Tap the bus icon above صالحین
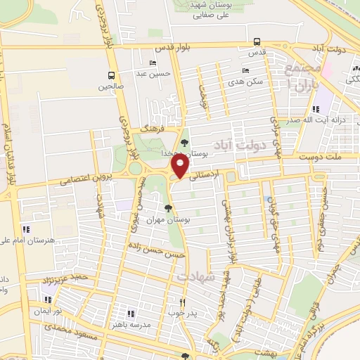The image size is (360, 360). point(111,75)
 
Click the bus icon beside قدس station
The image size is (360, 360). point(257,41)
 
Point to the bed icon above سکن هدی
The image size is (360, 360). point(245,70)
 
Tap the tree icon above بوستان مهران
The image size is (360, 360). point(167,207)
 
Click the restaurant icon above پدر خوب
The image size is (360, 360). point(172,304)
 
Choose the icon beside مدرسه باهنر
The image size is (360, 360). point(130,313)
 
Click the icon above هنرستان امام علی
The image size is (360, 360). point(26,229)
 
